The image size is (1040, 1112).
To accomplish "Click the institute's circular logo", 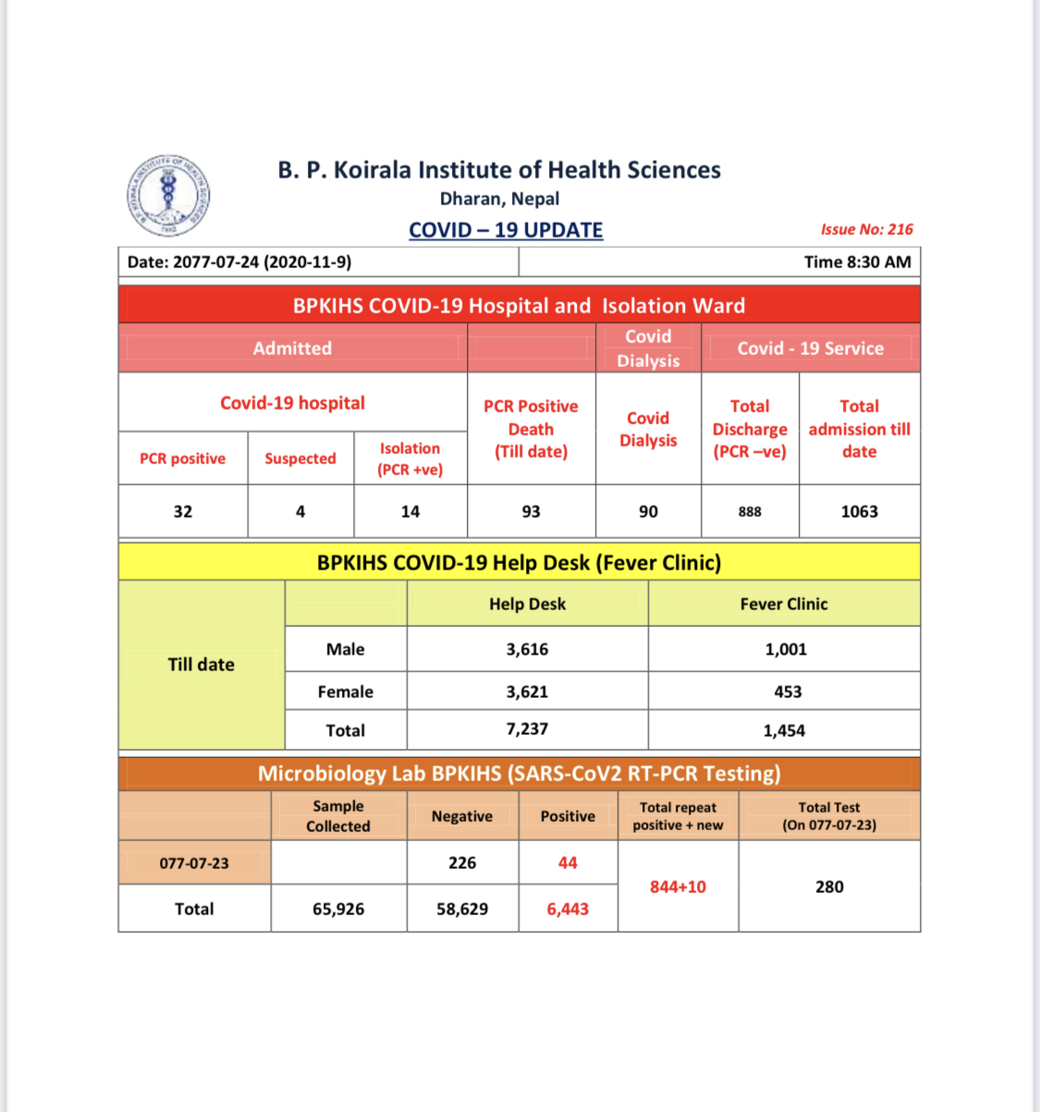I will [x=168, y=195].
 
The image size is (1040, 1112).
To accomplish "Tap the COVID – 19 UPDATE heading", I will [x=506, y=230].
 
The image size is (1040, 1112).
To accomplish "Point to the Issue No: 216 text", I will [x=866, y=229].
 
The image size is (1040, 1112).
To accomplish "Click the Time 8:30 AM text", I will [x=857, y=262].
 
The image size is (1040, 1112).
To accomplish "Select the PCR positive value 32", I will [x=183, y=511].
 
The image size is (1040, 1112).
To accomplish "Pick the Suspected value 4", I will [x=300, y=511].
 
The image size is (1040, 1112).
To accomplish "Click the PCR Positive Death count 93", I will [x=531, y=511].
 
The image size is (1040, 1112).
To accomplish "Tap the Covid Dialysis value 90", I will [x=648, y=511].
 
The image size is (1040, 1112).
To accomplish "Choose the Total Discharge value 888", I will [x=750, y=512].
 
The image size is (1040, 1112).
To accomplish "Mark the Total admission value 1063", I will [x=859, y=511].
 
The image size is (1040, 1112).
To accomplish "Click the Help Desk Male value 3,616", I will [x=527, y=649].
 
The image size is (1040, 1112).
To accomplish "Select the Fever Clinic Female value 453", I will [x=788, y=691].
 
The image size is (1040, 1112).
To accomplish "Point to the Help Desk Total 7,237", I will [x=527, y=729].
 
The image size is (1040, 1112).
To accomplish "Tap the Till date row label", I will [x=202, y=665].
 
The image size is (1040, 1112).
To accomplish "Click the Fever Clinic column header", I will [x=784, y=604].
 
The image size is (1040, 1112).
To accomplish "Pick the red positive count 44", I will [x=568, y=862].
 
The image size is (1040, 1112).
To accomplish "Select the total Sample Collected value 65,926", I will [x=338, y=909].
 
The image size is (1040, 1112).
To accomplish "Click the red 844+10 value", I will [x=678, y=886].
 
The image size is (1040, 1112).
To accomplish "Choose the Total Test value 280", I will [x=829, y=886].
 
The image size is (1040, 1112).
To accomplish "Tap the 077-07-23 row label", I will [x=194, y=863].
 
